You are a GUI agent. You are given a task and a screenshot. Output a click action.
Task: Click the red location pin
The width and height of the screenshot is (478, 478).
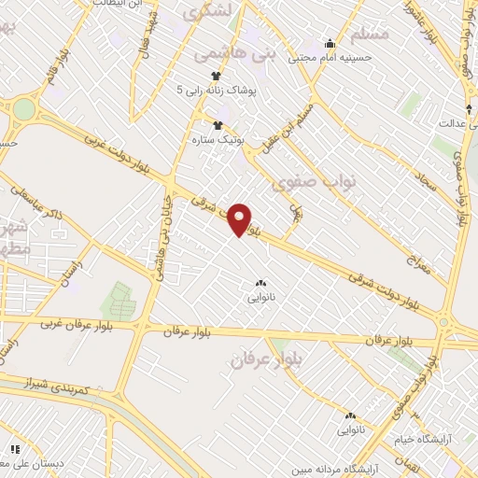pos(241,218)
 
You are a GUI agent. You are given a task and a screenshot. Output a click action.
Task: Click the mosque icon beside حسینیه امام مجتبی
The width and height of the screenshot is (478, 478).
pos(329,43)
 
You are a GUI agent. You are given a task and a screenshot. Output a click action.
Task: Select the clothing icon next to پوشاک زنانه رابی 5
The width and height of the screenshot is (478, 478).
pos(216,77)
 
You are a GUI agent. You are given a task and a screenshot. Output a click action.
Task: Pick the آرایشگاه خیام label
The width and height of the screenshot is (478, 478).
pos(440,438)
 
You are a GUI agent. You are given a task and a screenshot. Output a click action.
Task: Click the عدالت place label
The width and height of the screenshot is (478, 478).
pos(453,123)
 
